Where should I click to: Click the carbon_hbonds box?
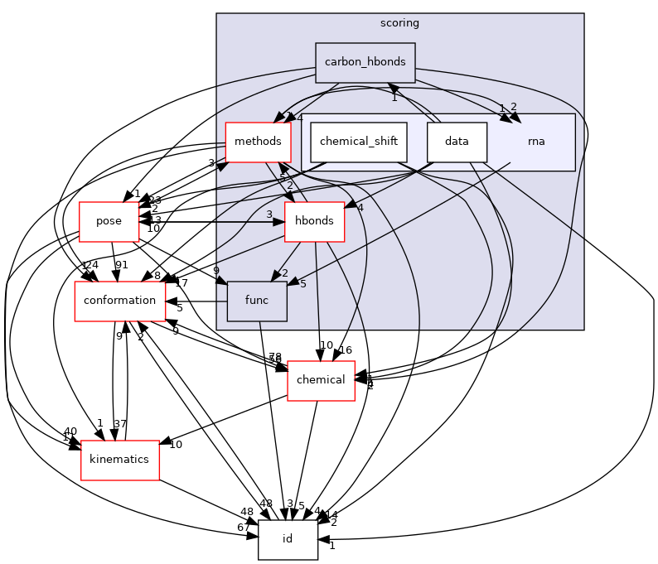[365, 62]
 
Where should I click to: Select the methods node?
[258, 142]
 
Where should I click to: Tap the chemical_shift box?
[359, 142]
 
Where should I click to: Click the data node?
[457, 142]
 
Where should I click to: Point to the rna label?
[536, 142]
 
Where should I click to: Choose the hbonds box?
[314, 222]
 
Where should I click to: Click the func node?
[257, 301]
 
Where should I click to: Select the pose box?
[109, 222]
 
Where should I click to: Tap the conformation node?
[116, 301]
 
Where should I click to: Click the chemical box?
[321, 380]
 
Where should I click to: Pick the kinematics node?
[120, 460]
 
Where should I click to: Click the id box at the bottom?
[288, 539]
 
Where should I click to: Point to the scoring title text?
[400, 24]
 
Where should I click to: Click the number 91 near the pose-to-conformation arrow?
[122, 266]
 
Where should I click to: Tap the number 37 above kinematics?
[120, 424]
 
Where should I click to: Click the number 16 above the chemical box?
[346, 351]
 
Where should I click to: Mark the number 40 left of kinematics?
[70, 431]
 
